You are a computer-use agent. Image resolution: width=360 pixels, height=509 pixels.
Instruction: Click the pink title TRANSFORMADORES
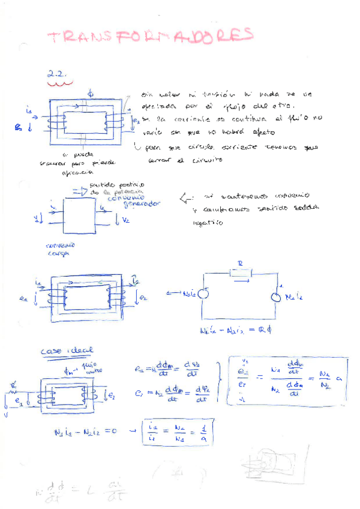coord(150,37)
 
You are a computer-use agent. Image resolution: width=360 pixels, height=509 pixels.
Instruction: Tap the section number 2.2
coord(58,76)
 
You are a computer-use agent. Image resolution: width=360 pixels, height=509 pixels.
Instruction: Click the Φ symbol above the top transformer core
coord(91,94)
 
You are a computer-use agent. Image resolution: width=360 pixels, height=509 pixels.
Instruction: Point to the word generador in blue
coord(142,204)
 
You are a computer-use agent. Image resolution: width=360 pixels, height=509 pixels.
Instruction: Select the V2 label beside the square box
coord(125,220)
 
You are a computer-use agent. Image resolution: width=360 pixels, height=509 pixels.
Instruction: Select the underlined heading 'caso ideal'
coord(66,352)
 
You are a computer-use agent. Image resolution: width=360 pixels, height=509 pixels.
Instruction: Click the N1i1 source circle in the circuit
coord(203,295)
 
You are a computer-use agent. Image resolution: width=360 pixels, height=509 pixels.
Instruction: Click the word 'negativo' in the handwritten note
coord(208,223)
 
